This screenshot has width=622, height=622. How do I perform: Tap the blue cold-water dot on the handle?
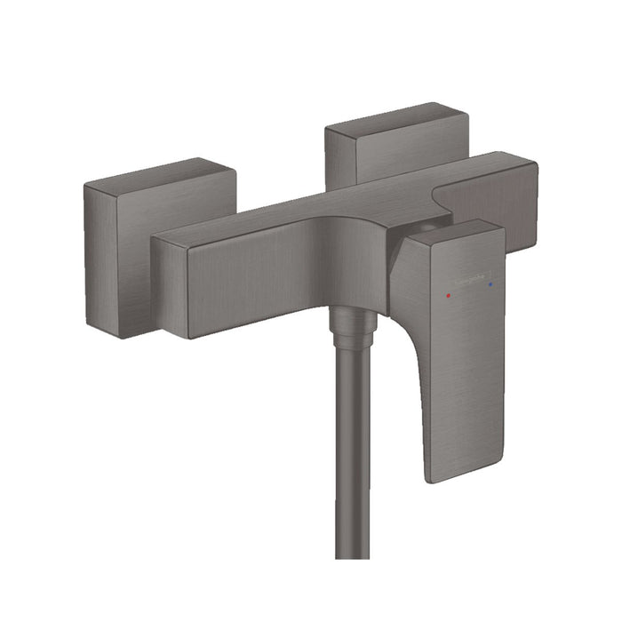[x=489, y=283]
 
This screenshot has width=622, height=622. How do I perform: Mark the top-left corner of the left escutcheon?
[x=86, y=185]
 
